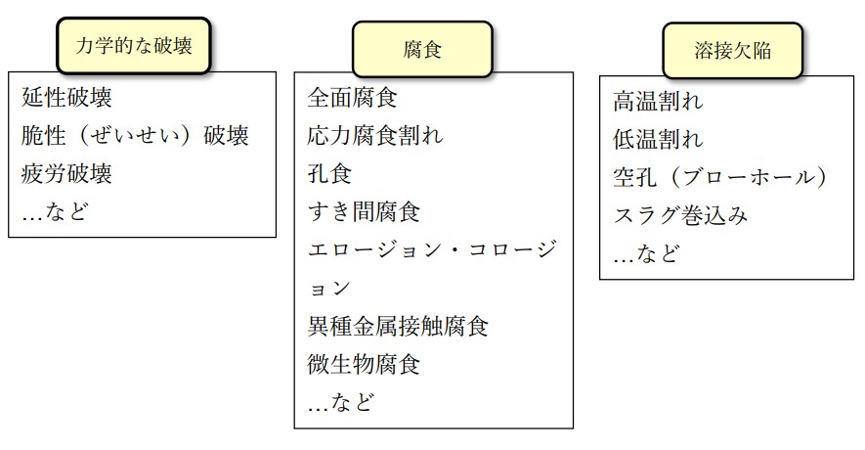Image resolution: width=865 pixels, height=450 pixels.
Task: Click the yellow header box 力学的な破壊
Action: coord(134,45)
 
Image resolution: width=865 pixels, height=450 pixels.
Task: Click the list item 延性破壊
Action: coord(66,98)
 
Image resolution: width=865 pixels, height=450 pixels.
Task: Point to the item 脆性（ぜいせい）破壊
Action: coord(135,135)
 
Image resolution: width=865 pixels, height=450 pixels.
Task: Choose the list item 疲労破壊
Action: coord(66,174)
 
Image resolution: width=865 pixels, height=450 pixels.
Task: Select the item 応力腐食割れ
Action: coord(374,136)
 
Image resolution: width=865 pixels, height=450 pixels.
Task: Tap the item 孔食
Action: coord(329,174)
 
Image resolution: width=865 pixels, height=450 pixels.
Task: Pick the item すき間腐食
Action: coord(364,212)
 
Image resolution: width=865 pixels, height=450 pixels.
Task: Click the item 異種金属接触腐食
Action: coord(398,326)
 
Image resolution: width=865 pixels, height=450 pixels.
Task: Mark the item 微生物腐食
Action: coord(364,364)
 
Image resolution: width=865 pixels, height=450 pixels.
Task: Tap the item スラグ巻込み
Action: coord(680,215)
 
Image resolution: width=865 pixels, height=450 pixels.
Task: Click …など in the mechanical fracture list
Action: coord(55,211)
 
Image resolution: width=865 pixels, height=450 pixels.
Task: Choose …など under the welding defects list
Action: coord(646,254)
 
